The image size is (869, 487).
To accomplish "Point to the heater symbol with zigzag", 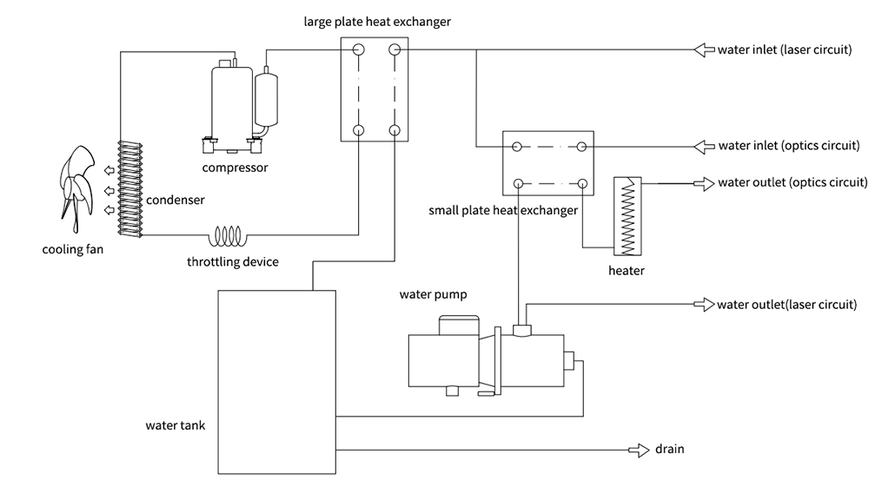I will pyautogui.click(x=626, y=216).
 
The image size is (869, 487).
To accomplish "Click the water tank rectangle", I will pyautogui.click(x=275, y=382).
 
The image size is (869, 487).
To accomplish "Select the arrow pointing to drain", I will pyautogui.click(x=640, y=450).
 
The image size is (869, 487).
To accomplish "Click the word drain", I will pyautogui.click(x=670, y=450).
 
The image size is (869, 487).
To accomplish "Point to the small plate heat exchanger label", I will pyautogui.click(x=503, y=210).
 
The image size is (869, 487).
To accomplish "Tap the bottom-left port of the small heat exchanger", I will pyautogui.click(x=518, y=183).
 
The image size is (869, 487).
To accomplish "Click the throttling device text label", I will pyautogui.click(x=233, y=261).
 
